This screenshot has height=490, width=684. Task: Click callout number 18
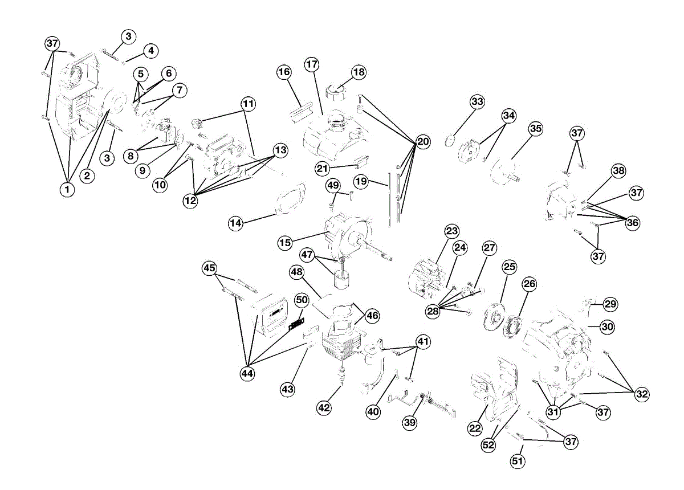click(x=359, y=72)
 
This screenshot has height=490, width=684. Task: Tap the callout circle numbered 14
click(x=236, y=223)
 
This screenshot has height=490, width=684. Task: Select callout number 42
click(x=324, y=407)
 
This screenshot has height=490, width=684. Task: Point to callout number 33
click(x=477, y=102)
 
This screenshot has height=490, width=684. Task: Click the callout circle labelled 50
click(x=302, y=299)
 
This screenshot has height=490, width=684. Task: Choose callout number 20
click(x=422, y=142)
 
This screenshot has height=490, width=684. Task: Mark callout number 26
click(x=530, y=283)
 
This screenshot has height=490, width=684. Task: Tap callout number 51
click(x=517, y=461)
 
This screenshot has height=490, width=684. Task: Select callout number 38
click(x=618, y=170)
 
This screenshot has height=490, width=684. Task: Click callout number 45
click(x=210, y=268)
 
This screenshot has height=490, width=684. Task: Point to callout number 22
click(x=475, y=429)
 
